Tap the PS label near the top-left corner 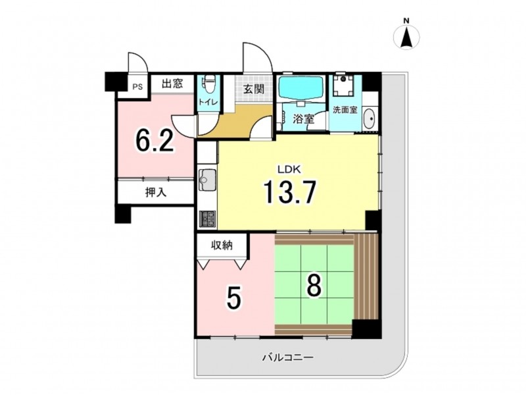point(137,87)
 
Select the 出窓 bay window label point(172,84)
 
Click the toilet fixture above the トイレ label point(210,84)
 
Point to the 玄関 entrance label point(254,89)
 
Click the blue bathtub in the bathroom point(301,88)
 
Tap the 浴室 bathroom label point(304,118)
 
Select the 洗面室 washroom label point(345,110)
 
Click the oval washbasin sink point(370,119)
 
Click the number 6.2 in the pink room point(155,140)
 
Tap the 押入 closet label point(156,192)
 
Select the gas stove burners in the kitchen point(208,219)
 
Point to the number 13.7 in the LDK point(290,192)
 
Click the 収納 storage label point(222,246)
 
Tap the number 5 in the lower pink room point(234,299)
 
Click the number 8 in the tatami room point(314,286)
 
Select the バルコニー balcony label point(288,357)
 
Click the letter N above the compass point(406,21)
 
